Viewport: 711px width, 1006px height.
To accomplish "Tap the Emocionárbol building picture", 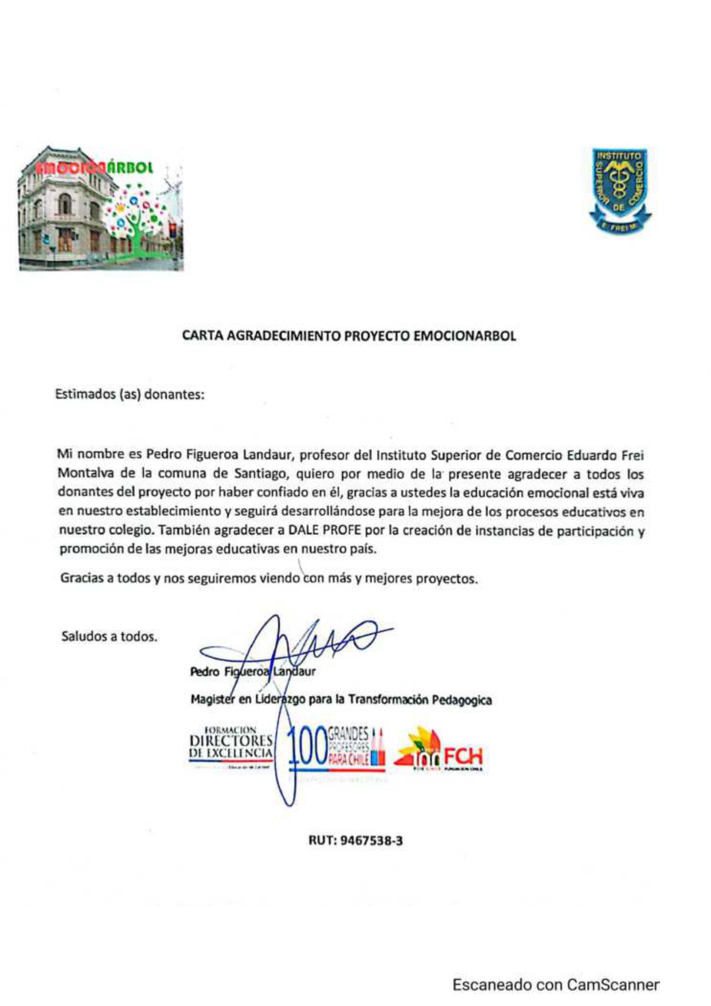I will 101,208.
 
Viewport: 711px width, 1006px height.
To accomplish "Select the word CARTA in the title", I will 203,336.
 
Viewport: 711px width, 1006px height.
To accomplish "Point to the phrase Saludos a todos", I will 109,636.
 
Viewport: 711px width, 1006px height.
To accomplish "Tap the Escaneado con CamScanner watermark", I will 556,985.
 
